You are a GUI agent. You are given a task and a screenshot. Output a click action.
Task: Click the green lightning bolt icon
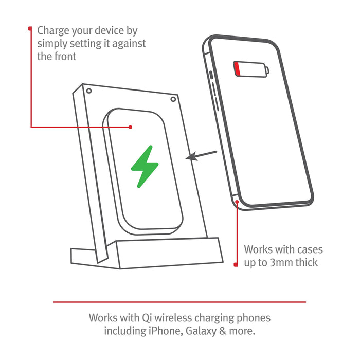click(x=145, y=166)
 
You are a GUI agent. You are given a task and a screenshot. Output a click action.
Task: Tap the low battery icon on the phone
click(x=251, y=69)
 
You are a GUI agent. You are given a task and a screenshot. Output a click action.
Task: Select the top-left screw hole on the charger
click(x=89, y=91)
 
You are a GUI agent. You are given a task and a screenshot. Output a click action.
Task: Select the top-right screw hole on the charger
click(x=173, y=99)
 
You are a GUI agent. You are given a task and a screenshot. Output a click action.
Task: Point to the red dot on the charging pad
click(x=131, y=127)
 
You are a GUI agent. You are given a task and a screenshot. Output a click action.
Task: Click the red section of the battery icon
click(x=237, y=69)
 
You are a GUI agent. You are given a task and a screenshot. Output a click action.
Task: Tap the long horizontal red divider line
click(x=179, y=302)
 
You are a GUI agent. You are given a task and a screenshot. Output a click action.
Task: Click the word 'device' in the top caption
click(x=112, y=31)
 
